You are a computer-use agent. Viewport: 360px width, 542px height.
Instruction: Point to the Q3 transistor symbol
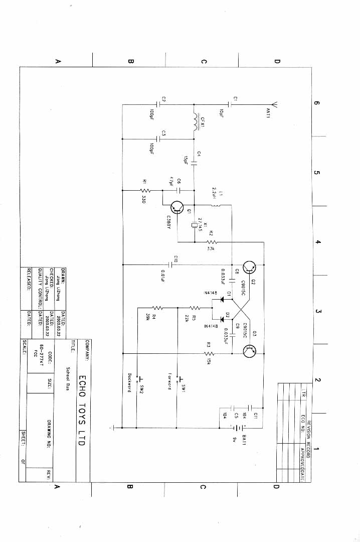pos(249,351)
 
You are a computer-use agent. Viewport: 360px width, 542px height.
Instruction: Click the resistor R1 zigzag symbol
pos(146,190)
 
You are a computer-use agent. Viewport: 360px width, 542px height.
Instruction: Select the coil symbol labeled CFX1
pos(195,121)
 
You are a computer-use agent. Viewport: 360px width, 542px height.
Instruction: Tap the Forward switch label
pos(170,381)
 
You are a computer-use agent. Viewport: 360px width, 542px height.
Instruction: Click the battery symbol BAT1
pos(238,428)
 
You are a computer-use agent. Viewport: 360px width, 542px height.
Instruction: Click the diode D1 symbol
pos(221,300)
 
